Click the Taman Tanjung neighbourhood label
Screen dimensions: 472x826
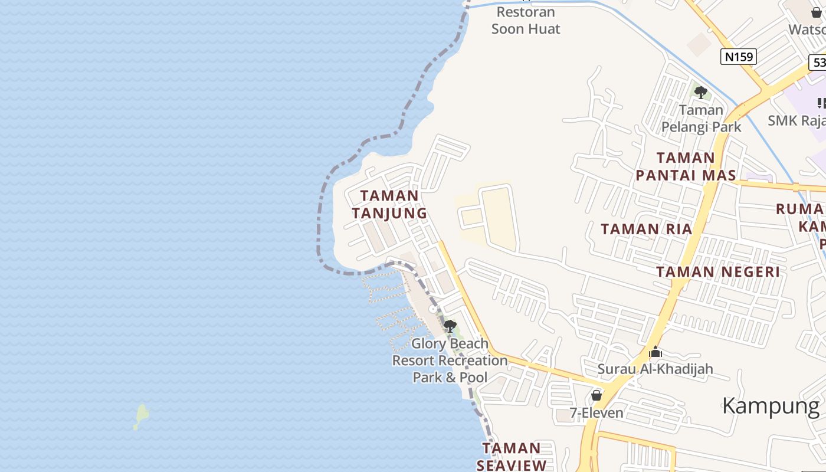[x=389, y=204]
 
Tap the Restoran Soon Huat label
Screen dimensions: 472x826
[x=526, y=20]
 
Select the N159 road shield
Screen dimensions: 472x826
[x=739, y=57]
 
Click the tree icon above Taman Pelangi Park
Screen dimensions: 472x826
[x=701, y=93]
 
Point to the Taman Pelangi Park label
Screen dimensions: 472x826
[x=701, y=118]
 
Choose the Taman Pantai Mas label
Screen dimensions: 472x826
[x=686, y=166]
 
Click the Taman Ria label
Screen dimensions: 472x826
[x=646, y=229]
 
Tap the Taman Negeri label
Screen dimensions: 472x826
[x=718, y=271]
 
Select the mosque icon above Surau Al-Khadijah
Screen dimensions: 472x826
[x=655, y=353]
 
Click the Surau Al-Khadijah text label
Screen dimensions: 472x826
[x=655, y=369]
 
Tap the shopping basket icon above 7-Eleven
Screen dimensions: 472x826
[x=596, y=395]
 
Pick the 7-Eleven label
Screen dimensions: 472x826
[x=596, y=412]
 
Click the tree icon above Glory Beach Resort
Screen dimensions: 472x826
[x=450, y=326]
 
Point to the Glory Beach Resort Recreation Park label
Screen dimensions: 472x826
[x=450, y=360]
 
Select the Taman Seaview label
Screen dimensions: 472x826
[x=512, y=456]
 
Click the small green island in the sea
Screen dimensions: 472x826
[x=141, y=416]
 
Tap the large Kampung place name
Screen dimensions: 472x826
[x=771, y=406]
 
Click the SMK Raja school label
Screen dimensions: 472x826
[x=796, y=120]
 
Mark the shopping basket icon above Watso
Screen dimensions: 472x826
[x=817, y=12]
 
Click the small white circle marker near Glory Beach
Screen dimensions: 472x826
[x=432, y=309]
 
